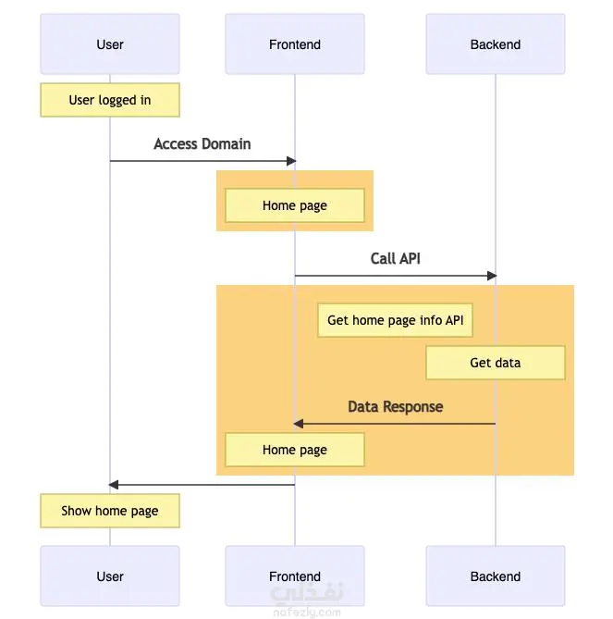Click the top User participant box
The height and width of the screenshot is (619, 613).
pos(110,43)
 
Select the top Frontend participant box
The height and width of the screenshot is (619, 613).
pos(295,43)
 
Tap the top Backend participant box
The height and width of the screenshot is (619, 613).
pos(496,43)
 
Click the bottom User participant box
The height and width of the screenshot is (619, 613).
pos(110,576)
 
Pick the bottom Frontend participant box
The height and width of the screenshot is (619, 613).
pos(295,576)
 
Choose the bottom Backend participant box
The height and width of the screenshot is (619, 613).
pos(496,576)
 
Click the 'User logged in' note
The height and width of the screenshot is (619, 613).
pos(110,100)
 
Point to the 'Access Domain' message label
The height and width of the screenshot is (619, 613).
pos(202,144)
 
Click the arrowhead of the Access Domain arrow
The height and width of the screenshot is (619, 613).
pos(291,161)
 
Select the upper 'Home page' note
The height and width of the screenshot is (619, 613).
pos(295,205)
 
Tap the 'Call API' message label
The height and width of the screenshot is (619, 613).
pos(395,258)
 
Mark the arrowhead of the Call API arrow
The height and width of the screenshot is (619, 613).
pos(492,276)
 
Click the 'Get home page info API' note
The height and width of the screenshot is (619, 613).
pos(395,320)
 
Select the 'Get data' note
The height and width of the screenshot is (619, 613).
pos(496,363)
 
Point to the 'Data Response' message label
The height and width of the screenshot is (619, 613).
pos(395,406)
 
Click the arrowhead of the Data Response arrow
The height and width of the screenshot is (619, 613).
pos(299,424)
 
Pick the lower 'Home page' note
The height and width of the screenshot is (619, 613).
pos(295,450)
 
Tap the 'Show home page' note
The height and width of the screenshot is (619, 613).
pos(110,511)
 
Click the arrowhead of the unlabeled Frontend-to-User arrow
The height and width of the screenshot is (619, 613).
pos(113,485)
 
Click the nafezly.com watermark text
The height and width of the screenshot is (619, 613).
pos(307,613)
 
